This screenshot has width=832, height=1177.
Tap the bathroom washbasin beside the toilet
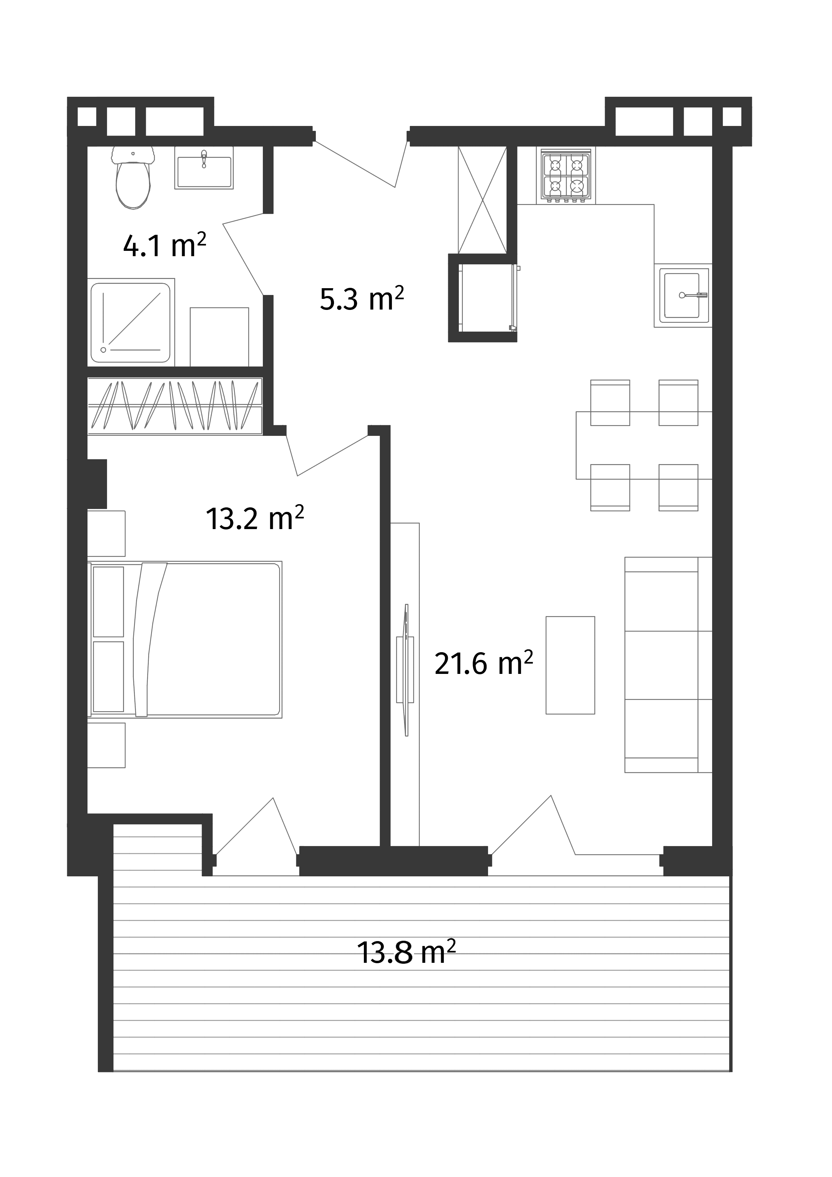click(x=203, y=167)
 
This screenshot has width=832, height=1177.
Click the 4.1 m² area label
click(x=164, y=247)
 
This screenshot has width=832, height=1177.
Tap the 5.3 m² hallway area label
click(x=361, y=299)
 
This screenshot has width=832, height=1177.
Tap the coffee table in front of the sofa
click(x=570, y=665)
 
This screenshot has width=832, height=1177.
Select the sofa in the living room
click(x=667, y=665)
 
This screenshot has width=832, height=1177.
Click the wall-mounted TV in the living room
click(x=406, y=670)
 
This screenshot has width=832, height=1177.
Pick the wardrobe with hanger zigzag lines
click(x=174, y=405)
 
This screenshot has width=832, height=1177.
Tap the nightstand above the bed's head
click(x=107, y=533)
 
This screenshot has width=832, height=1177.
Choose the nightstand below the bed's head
click(x=107, y=744)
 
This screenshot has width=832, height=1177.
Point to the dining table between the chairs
click(x=644, y=445)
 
